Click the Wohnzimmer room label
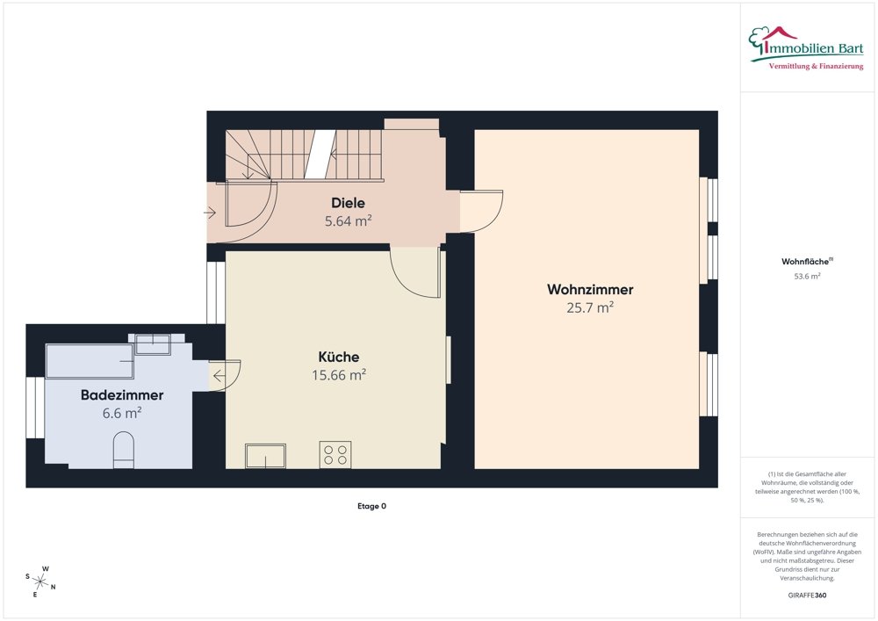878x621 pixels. [590, 289]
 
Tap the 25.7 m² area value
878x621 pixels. [590, 307]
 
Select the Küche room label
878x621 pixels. [338, 357]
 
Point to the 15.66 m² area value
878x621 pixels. [338, 375]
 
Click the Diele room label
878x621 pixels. [348, 204]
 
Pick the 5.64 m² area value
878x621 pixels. [348, 221]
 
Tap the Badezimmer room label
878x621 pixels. [122, 395]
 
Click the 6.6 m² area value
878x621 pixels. [122, 413]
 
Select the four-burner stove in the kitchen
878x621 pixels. [335, 454]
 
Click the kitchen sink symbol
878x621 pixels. [265, 456]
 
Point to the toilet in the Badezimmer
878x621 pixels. [124, 450]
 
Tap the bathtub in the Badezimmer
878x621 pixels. [90, 361]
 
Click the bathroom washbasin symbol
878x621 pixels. [152, 344]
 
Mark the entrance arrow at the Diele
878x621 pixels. [210, 213]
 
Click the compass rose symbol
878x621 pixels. [41, 581]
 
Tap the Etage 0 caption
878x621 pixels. [371, 506]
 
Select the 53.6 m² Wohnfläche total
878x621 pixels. [807, 276]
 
